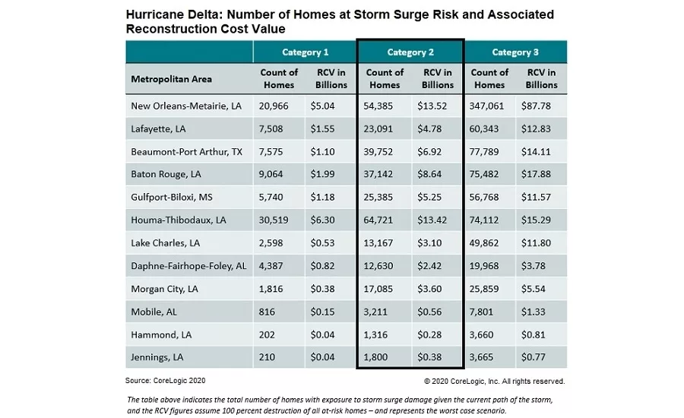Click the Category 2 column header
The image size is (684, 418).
click(x=410, y=52)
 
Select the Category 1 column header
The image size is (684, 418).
click(x=306, y=52)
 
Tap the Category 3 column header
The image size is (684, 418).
click(x=515, y=52)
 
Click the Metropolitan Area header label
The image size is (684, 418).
click(x=172, y=79)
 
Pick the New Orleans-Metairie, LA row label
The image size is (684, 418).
click(x=186, y=106)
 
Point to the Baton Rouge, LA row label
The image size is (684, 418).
click(x=166, y=174)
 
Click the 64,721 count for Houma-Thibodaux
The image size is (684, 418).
click(x=385, y=220)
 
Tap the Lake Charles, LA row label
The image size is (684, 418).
click(x=165, y=242)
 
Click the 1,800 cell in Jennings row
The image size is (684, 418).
click(x=380, y=355)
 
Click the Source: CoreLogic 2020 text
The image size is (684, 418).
click(x=165, y=380)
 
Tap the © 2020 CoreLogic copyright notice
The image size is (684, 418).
click(x=494, y=381)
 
